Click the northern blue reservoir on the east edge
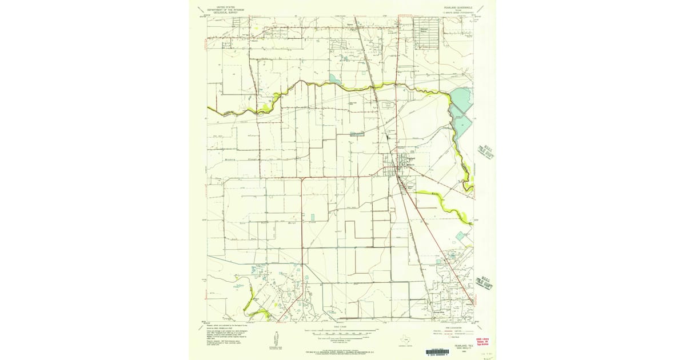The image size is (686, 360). click(460, 98)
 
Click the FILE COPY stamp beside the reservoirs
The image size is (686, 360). click(486, 154)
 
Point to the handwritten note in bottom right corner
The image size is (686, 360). click(487, 354)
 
